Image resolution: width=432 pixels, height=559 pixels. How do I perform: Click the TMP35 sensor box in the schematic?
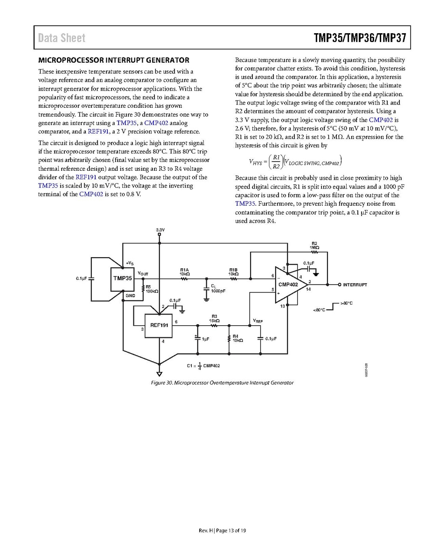[122, 279]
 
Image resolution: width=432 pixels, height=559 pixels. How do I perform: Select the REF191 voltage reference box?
[159, 325]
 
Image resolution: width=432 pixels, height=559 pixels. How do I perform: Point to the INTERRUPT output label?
[355, 285]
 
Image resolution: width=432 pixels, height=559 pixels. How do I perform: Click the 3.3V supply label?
[160, 230]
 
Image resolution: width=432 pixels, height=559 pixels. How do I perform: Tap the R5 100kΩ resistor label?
[152, 289]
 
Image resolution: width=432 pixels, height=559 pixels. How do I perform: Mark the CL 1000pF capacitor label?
[217, 288]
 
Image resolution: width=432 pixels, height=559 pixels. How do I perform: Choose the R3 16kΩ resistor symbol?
[214, 325]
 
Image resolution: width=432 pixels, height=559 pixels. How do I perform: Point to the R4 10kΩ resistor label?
[237, 338]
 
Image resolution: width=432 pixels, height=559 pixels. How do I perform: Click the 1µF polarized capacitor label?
[205, 339]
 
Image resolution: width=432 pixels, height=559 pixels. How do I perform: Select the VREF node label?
[258, 321]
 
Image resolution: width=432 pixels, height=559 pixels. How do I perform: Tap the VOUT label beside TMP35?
[143, 273]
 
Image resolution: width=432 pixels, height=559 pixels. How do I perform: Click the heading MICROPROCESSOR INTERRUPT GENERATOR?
[113, 60]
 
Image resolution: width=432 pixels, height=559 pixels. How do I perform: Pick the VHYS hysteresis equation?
[295, 162]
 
